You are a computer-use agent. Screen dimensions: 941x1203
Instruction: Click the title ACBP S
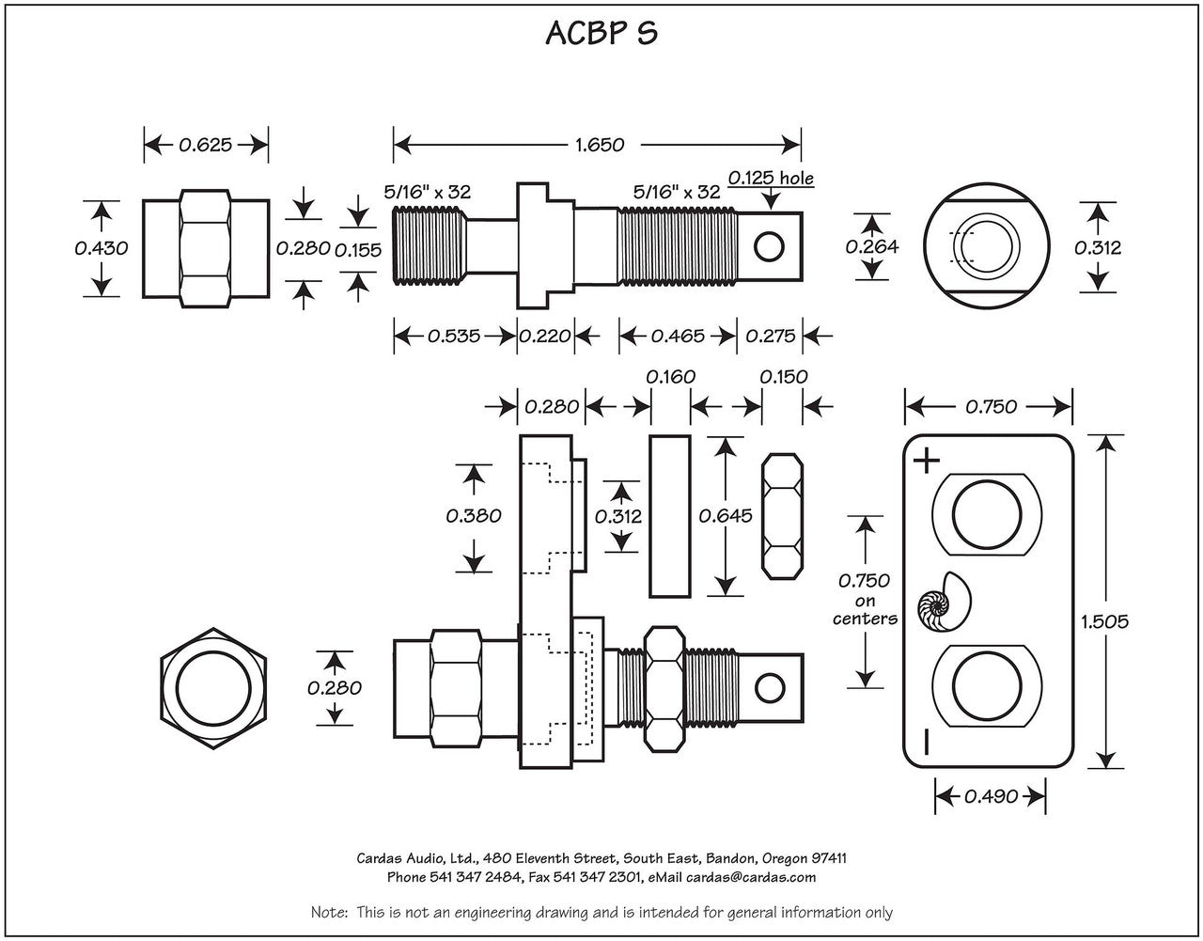coord(601,33)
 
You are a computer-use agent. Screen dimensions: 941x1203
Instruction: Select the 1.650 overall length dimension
coord(598,145)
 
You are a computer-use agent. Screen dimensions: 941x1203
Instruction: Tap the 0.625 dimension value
coord(205,145)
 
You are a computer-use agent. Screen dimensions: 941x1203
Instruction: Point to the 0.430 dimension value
coord(101,248)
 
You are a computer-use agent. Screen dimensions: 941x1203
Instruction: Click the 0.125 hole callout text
coord(771,178)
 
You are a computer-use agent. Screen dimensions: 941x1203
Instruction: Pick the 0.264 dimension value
coord(871,247)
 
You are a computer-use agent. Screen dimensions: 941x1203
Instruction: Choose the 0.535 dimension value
coord(454,336)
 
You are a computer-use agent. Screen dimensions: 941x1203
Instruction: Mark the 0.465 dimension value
coord(678,336)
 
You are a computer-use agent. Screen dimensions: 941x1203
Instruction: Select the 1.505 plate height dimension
coord(1104,620)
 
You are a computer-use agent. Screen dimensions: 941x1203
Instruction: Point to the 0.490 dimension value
coord(991,796)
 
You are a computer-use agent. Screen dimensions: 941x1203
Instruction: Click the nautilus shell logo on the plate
coord(945,604)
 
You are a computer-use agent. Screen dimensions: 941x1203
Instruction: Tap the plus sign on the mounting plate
coord(927,461)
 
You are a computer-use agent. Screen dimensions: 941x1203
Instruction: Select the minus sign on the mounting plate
coord(926,743)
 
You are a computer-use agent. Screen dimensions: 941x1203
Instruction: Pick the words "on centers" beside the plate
coord(865,610)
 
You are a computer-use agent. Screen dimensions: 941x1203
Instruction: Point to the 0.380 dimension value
coord(474,515)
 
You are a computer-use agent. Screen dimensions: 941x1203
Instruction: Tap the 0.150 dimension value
coord(783,376)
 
